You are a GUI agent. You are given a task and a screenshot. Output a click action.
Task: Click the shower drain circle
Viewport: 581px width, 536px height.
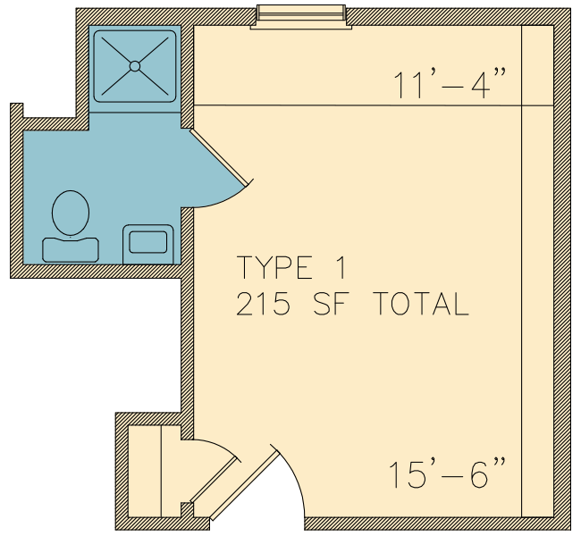click(x=135, y=66)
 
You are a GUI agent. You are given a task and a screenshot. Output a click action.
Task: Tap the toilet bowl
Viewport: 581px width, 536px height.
click(x=71, y=213)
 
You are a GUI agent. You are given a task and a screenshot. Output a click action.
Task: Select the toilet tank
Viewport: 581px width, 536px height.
click(x=71, y=250)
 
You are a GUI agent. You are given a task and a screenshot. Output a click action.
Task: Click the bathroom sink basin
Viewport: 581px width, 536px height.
click(x=147, y=242)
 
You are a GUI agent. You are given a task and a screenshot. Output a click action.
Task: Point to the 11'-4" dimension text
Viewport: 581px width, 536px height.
click(x=450, y=85)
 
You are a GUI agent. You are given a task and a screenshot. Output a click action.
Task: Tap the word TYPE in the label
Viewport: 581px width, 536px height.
click(x=274, y=267)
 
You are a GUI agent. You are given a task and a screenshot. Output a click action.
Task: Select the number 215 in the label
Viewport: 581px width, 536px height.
click(x=263, y=304)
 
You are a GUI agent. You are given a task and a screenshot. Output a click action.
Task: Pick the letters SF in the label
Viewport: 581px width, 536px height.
click(x=332, y=304)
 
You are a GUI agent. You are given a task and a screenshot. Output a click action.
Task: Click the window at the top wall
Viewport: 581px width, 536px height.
click(x=301, y=17)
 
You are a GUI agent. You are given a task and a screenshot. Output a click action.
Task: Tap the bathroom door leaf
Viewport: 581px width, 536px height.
click(x=219, y=157)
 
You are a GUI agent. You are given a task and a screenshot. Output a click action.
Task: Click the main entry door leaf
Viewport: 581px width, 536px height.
click(x=245, y=484)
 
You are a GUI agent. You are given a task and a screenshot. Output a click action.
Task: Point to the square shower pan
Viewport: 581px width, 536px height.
click(x=135, y=66)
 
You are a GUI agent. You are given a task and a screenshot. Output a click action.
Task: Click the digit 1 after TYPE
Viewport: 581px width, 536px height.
click(x=342, y=267)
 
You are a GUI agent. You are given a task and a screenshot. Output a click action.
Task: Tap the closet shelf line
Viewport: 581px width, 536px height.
click(x=161, y=471)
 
